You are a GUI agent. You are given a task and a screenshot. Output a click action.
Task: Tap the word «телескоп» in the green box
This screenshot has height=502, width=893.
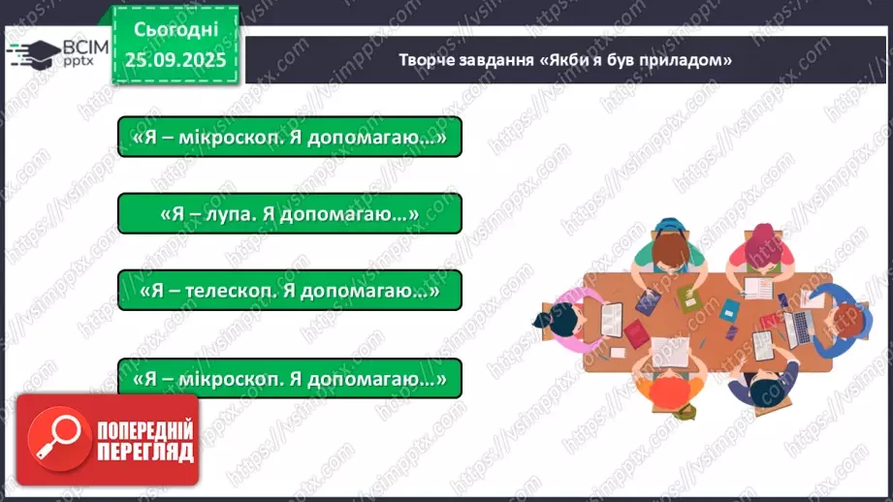pyautogui.click(x=243, y=290)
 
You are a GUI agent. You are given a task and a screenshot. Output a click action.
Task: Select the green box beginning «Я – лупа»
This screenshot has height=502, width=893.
pyautogui.click(x=289, y=212)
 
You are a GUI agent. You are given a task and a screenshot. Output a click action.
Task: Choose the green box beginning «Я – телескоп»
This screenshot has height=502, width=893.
pyautogui.click(x=289, y=290)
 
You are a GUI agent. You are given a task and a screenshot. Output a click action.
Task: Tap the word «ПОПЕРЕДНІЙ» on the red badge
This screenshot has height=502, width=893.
pyautogui.click(x=144, y=429)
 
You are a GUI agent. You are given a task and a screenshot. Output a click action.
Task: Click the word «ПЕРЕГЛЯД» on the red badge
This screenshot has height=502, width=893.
pyautogui.click(x=144, y=452)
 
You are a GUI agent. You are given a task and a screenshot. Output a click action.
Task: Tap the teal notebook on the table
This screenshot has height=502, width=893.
pyautogui.click(x=729, y=310)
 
